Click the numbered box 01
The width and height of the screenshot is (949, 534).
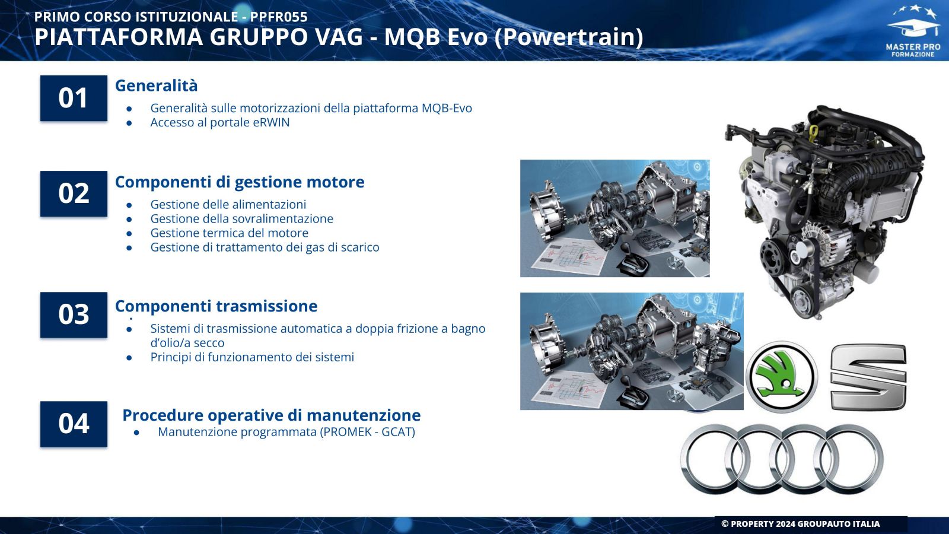point(74,98)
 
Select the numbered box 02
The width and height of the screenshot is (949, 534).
point(74,193)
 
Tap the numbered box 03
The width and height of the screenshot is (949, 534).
point(74,315)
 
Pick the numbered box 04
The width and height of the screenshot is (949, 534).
point(74,424)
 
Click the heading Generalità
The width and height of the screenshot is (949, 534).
point(157,85)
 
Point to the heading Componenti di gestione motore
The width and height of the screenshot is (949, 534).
point(240,182)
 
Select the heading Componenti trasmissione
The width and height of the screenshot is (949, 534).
point(216,306)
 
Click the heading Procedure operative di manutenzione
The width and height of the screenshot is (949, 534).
point(272,415)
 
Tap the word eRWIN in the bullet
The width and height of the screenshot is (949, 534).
point(271,122)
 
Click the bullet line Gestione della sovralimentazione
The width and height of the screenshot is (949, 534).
point(242,219)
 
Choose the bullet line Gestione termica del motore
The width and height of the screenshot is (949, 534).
point(229,233)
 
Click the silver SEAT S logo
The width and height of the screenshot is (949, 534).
point(868,377)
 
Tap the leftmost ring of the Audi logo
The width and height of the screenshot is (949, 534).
point(714,459)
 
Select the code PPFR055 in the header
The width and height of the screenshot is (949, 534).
point(279,17)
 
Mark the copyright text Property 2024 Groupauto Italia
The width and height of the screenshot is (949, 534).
point(801,524)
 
